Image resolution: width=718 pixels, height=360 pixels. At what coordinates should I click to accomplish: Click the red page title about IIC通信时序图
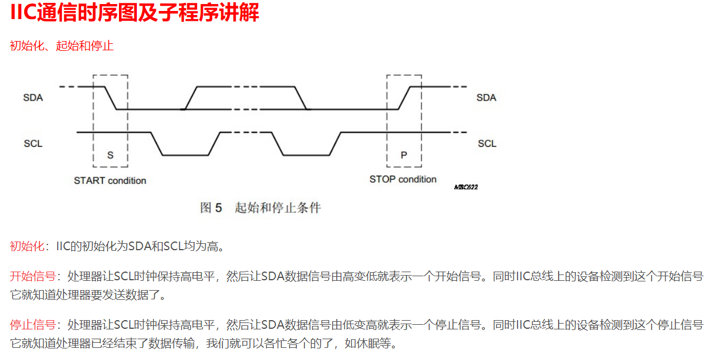tap(135, 13)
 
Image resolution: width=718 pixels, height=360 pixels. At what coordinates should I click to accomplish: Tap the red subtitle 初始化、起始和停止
tap(61, 46)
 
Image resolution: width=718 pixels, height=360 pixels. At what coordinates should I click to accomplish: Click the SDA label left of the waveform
tap(33, 98)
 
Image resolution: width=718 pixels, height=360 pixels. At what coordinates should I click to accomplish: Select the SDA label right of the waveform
tap(486, 98)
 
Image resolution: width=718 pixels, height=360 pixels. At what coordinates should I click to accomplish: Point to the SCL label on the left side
tap(33, 143)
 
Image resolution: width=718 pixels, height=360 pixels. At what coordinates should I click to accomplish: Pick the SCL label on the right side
tap(487, 143)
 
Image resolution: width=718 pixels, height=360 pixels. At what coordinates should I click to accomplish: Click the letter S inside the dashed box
tap(110, 155)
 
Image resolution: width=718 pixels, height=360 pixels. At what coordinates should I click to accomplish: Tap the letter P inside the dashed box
tap(404, 155)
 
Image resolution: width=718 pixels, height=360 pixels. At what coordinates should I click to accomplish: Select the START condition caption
tap(110, 181)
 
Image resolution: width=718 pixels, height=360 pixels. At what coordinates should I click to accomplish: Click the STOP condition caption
tap(403, 180)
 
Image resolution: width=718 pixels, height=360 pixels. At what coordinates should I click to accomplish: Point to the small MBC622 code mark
tap(466, 187)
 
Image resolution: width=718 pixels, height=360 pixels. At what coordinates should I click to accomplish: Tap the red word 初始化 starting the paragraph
tap(27, 246)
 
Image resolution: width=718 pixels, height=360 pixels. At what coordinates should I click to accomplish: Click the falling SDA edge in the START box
tap(111, 98)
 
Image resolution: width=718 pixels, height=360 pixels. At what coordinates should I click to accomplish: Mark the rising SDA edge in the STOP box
tap(404, 98)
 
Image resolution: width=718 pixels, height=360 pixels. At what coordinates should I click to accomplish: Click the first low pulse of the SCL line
tap(185, 155)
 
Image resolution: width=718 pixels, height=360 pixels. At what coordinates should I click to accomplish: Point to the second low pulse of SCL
tap(306, 155)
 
